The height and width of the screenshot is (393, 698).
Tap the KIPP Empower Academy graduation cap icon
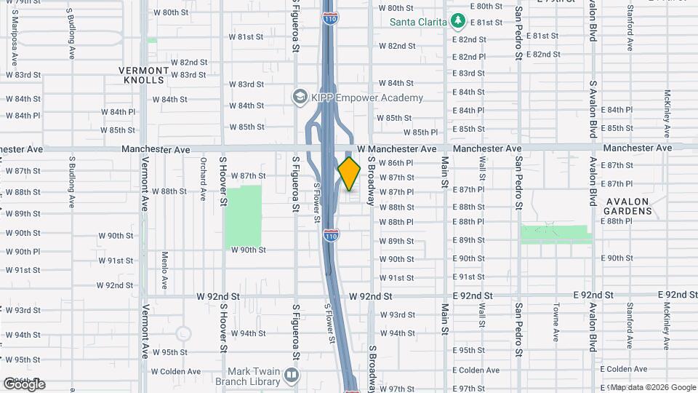click(299, 97)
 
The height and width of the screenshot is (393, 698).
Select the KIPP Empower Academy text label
click(367, 98)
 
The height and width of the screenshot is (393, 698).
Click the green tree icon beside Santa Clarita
click(457, 22)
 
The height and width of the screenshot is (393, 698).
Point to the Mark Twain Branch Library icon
click(292, 375)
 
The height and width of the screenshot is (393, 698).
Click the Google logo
click(24, 384)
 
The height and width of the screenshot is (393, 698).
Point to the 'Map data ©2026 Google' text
click(652, 387)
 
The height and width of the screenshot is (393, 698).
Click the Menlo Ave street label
click(165, 269)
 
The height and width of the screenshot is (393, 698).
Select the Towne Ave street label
click(555, 322)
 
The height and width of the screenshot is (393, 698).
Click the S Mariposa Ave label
click(12, 22)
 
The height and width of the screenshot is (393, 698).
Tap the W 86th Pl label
click(396, 162)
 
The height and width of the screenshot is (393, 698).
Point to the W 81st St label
click(246, 36)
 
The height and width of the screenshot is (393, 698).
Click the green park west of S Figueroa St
click(243, 216)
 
